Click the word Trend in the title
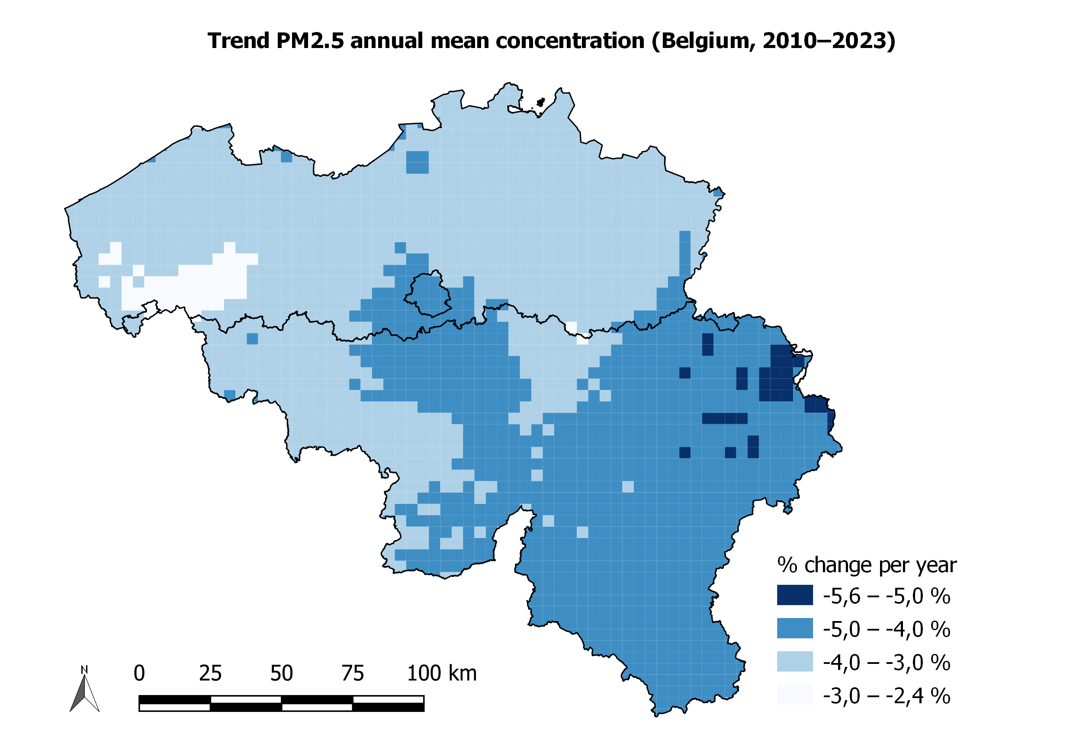pyautogui.click(x=238, y=41)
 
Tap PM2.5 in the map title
pyautogui.click(x=310, y=41)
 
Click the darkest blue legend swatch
pyautogui.click(x=794, y=595)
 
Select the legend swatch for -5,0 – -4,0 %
pyautogui.click(x=794, y=628)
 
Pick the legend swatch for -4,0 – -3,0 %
pyautogui.click(x=794, y=661)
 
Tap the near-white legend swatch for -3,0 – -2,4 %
pyautogui.click(x=794, y=694)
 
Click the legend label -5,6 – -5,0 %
pyautogui.click(x=886, y=596)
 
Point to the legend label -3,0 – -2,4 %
pyautogui.click(x=886, y=696)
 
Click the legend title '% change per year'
pyautogui.click(x=867, y=565)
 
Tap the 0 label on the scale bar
pyautogui.click(x=139, y=673)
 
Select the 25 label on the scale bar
pyautogui.click(x=210, y=673)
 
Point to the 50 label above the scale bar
pyautogui.click(x=281, y=673)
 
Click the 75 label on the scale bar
pyautogui.click(x=352, y=673)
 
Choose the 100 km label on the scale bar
pyautogui.click(x=442, y=673)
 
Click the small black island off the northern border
pyautogui.click(x=541, y=102)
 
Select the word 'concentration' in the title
pyautogui.click(x=570, y=41)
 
